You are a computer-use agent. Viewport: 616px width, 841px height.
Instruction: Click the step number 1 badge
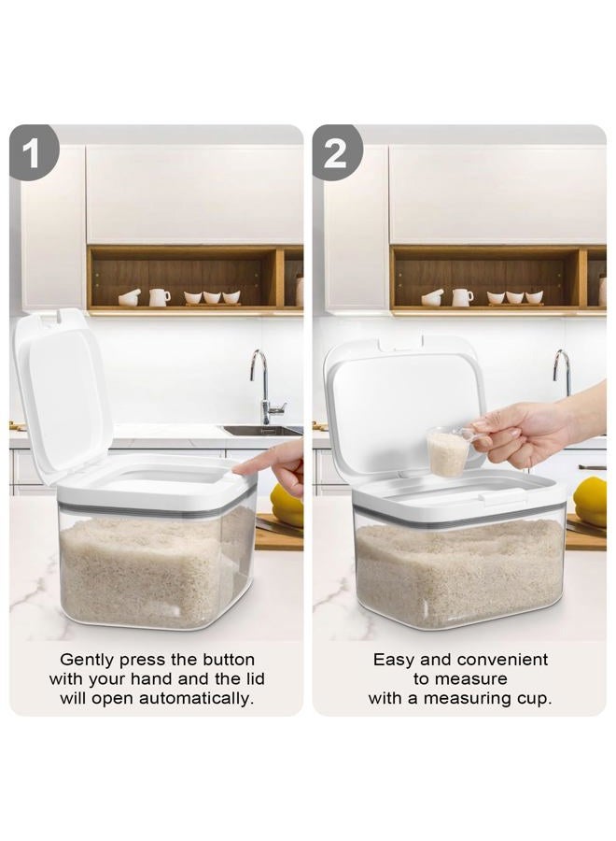coord(34,152)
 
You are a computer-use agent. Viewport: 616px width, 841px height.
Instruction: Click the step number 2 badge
coord(336,152)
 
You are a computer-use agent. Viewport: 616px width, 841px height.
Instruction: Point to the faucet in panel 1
coord(265,386)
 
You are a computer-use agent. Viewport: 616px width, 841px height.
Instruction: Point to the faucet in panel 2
coord(562,372)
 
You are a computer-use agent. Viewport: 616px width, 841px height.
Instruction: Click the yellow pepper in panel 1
coord(287,505)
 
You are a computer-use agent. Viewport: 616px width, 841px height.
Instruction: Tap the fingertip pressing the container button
coord(238,470)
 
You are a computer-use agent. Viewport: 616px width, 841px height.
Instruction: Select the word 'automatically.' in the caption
coord(196,698)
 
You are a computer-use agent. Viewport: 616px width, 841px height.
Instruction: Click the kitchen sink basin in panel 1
coord(262,430)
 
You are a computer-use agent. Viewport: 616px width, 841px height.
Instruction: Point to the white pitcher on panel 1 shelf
coord(159,297)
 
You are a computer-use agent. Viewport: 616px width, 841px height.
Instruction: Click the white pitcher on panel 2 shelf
coord(462,297)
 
